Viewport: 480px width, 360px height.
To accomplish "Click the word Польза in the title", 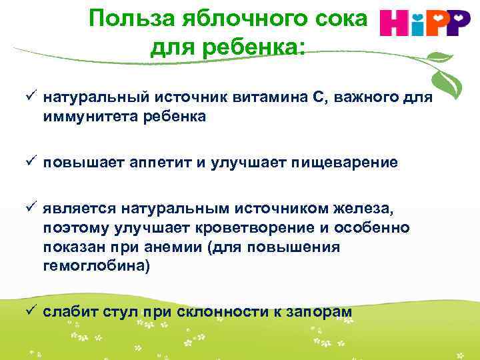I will click(x=121, y=19).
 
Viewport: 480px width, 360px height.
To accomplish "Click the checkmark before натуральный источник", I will click(x=31, y=98).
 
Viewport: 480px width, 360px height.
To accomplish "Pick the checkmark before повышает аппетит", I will click(x=31, y=162).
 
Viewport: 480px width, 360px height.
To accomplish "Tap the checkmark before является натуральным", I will click(x=31, y=210).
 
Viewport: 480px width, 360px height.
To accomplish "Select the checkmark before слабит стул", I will click(x=31, y=311).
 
